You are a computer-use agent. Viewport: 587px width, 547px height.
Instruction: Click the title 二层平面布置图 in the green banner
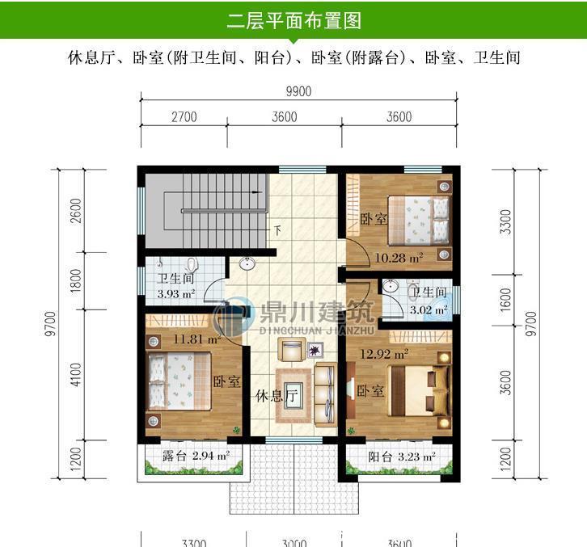pyautogui.click(x=293, y=19)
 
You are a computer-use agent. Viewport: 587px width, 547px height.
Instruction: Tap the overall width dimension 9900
pyautogui.click(x=298, y=91)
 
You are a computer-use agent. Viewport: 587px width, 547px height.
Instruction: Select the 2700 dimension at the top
pyautogui.click(x=184, y=116)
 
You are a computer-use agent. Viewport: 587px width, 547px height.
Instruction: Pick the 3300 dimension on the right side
pyautogui.click(x=506, y=221)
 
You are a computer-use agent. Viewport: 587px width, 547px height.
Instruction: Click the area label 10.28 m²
pyautogui.click(x=399, y=259)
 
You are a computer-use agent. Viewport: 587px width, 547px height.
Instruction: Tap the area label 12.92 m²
pyautogui.click(x=384, y=353)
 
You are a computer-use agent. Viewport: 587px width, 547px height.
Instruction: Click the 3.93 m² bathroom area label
pyautogui.click(x=175, y=294)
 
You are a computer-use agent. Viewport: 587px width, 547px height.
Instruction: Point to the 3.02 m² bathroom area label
pyautogui.click(x=429, y=309)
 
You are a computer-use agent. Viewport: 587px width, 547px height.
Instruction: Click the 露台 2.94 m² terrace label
pyautogui.click(x=195, y=457)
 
